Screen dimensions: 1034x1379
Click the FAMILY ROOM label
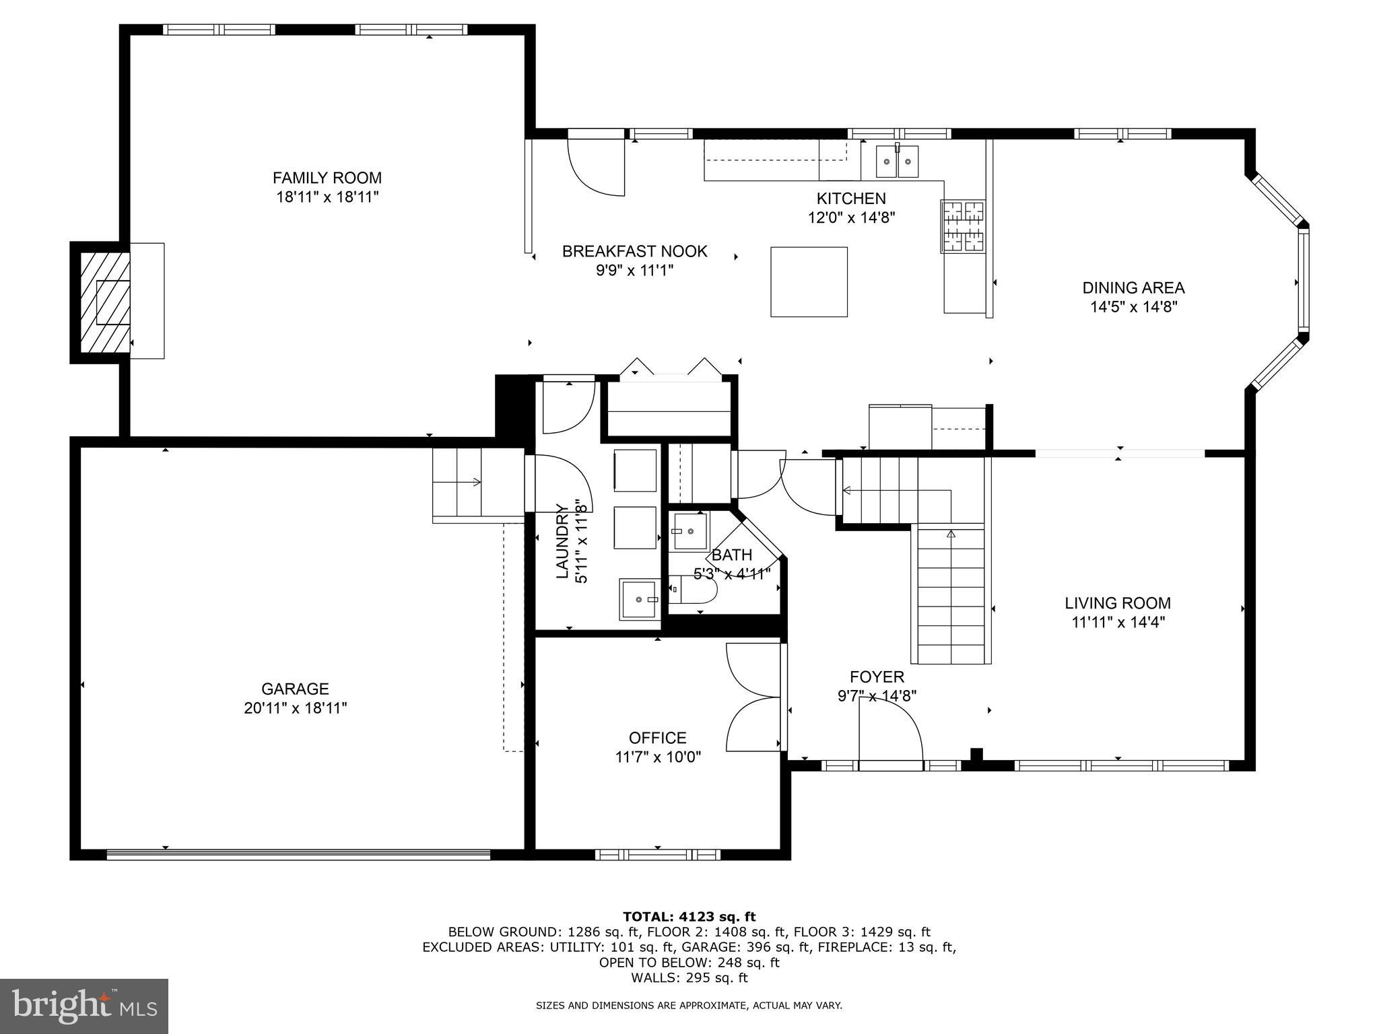click(x=327, y=178)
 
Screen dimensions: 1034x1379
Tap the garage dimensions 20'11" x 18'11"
click(x=295, y=708)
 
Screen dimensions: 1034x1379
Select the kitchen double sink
click(x=897, y=162)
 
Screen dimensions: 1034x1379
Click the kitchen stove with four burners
click(x=962, y=227)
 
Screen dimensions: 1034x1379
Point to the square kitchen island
click(x=809, y=281)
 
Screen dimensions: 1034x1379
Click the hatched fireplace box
click(x=105, y=302)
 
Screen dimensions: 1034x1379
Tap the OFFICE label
click(x=657, y=738)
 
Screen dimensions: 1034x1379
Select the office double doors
click(x=754, y=697)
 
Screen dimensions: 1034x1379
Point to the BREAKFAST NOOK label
click(x=634, y=252)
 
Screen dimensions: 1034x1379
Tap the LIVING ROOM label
click(x=1117, y=603)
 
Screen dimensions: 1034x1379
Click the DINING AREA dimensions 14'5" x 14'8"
click(x=1133, y=307)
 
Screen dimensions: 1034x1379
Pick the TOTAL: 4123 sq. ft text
click(x=689, y=917)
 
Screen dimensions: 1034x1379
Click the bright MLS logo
click(x=83, y=1006)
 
